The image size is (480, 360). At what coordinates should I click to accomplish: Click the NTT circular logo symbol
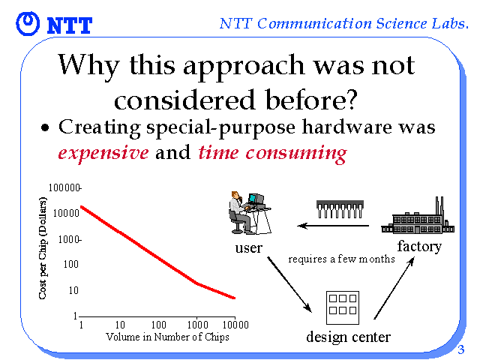(x=28, y=23)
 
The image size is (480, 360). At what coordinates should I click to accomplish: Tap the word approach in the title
(x=244, y=67)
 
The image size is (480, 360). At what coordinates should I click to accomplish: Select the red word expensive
(x=103, y=152)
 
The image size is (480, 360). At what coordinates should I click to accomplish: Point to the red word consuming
(x=296, y=153)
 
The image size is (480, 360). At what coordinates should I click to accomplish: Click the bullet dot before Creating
(x=45, y=127)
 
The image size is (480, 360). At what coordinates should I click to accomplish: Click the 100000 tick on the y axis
(x=64, y=187)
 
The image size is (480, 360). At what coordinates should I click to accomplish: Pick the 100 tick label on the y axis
(x=70, y=264)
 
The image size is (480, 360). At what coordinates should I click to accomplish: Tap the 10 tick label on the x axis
(x=120, y=325)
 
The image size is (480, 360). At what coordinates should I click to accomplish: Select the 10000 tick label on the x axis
(x=235, y=325)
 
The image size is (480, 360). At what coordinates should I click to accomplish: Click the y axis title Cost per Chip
(x=43, y=248)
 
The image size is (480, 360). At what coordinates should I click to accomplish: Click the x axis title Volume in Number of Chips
(x=167, y=337)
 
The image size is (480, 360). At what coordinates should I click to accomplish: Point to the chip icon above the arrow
(x=340, y=209)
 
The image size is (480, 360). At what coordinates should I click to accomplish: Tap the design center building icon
(x=343, y=307)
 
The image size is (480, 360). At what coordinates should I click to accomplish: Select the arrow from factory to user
(x=333, y=226)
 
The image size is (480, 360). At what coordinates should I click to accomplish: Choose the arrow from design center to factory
(x=394, y=288)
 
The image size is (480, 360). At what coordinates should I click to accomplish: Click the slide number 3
(x=460, y=349)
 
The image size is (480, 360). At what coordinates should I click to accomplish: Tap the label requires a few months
(x=341, y=259)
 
